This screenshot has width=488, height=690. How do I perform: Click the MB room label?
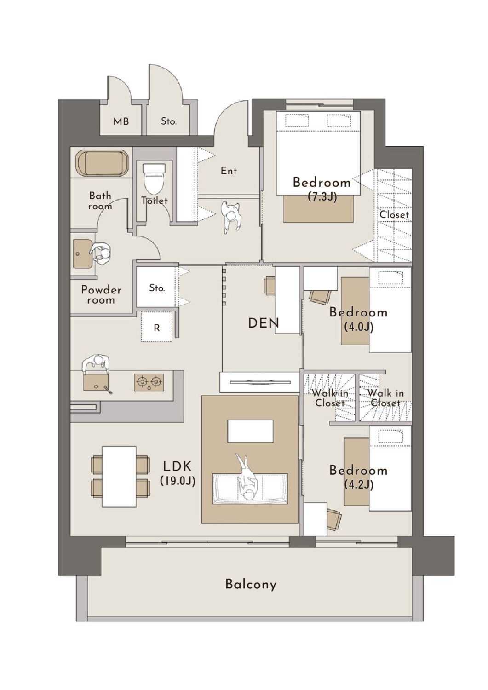pyautogui.click(x=121, y=121)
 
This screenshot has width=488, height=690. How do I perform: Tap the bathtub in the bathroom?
pyautogui.click(x=101, y=163)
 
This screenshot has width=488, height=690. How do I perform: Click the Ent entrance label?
pyautogui.click(x=229, y=170)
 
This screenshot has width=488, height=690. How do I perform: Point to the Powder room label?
pyautogui.click(x=101, y=295)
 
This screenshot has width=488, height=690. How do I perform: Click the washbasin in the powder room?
pyautogui.click(x=83, y=253)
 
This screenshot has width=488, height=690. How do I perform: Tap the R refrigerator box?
pyautogui.click(x=156, y=327)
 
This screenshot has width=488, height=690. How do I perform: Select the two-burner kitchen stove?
pyautogui.click(x=149, y=383)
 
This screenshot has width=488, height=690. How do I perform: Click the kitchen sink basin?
pyautogui.click(x=96, y=382)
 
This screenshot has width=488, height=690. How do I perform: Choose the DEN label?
pyautogui.click(x=264, y=323)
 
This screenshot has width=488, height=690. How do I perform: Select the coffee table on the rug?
pyautogui.click(x=250, y=431)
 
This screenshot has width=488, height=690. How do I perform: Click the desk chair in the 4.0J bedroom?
pyautogui.click(x=320, y=297)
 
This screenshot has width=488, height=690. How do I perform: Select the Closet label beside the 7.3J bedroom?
pyautogui.click(x=394, y=214)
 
